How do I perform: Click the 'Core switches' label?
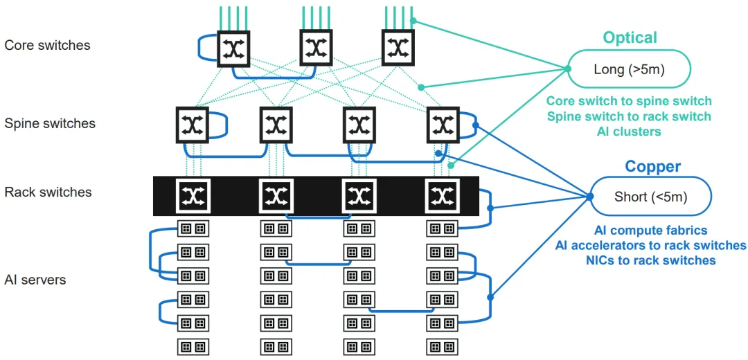(x=47, y=46)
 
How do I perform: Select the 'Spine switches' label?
(x=50, y=124)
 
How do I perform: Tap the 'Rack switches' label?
(x=48, y=192)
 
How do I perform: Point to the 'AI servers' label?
(x=35, y=280)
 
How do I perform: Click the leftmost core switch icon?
(x=233, y=48)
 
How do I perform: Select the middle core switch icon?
(x=317, y=47)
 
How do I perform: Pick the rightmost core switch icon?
(x=398, y=47)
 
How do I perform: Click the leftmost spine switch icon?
(x=192, y=125)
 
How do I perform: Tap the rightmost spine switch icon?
(x=443, y=125)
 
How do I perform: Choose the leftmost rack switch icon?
(x=192, y=196)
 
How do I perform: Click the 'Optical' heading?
(x=630, y=37)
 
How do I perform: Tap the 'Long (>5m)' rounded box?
(x=630, y=69)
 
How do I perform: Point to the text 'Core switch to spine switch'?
(x=629, y=101)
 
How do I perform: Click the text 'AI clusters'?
(x=629, y=132)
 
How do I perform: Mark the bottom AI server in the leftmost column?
(x=193, y=346)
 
